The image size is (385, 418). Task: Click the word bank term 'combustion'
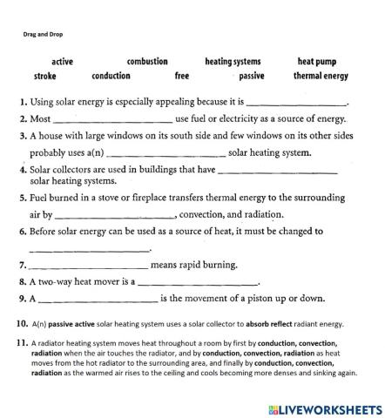tap(147, 62)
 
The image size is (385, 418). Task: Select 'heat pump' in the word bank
tap(317, 62)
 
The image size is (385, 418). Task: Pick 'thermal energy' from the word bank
tap(321, 76)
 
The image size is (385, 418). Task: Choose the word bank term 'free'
tap(182, 76)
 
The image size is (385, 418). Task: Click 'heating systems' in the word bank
tap(233, 62)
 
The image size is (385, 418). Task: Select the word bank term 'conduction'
tap(111, 76)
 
